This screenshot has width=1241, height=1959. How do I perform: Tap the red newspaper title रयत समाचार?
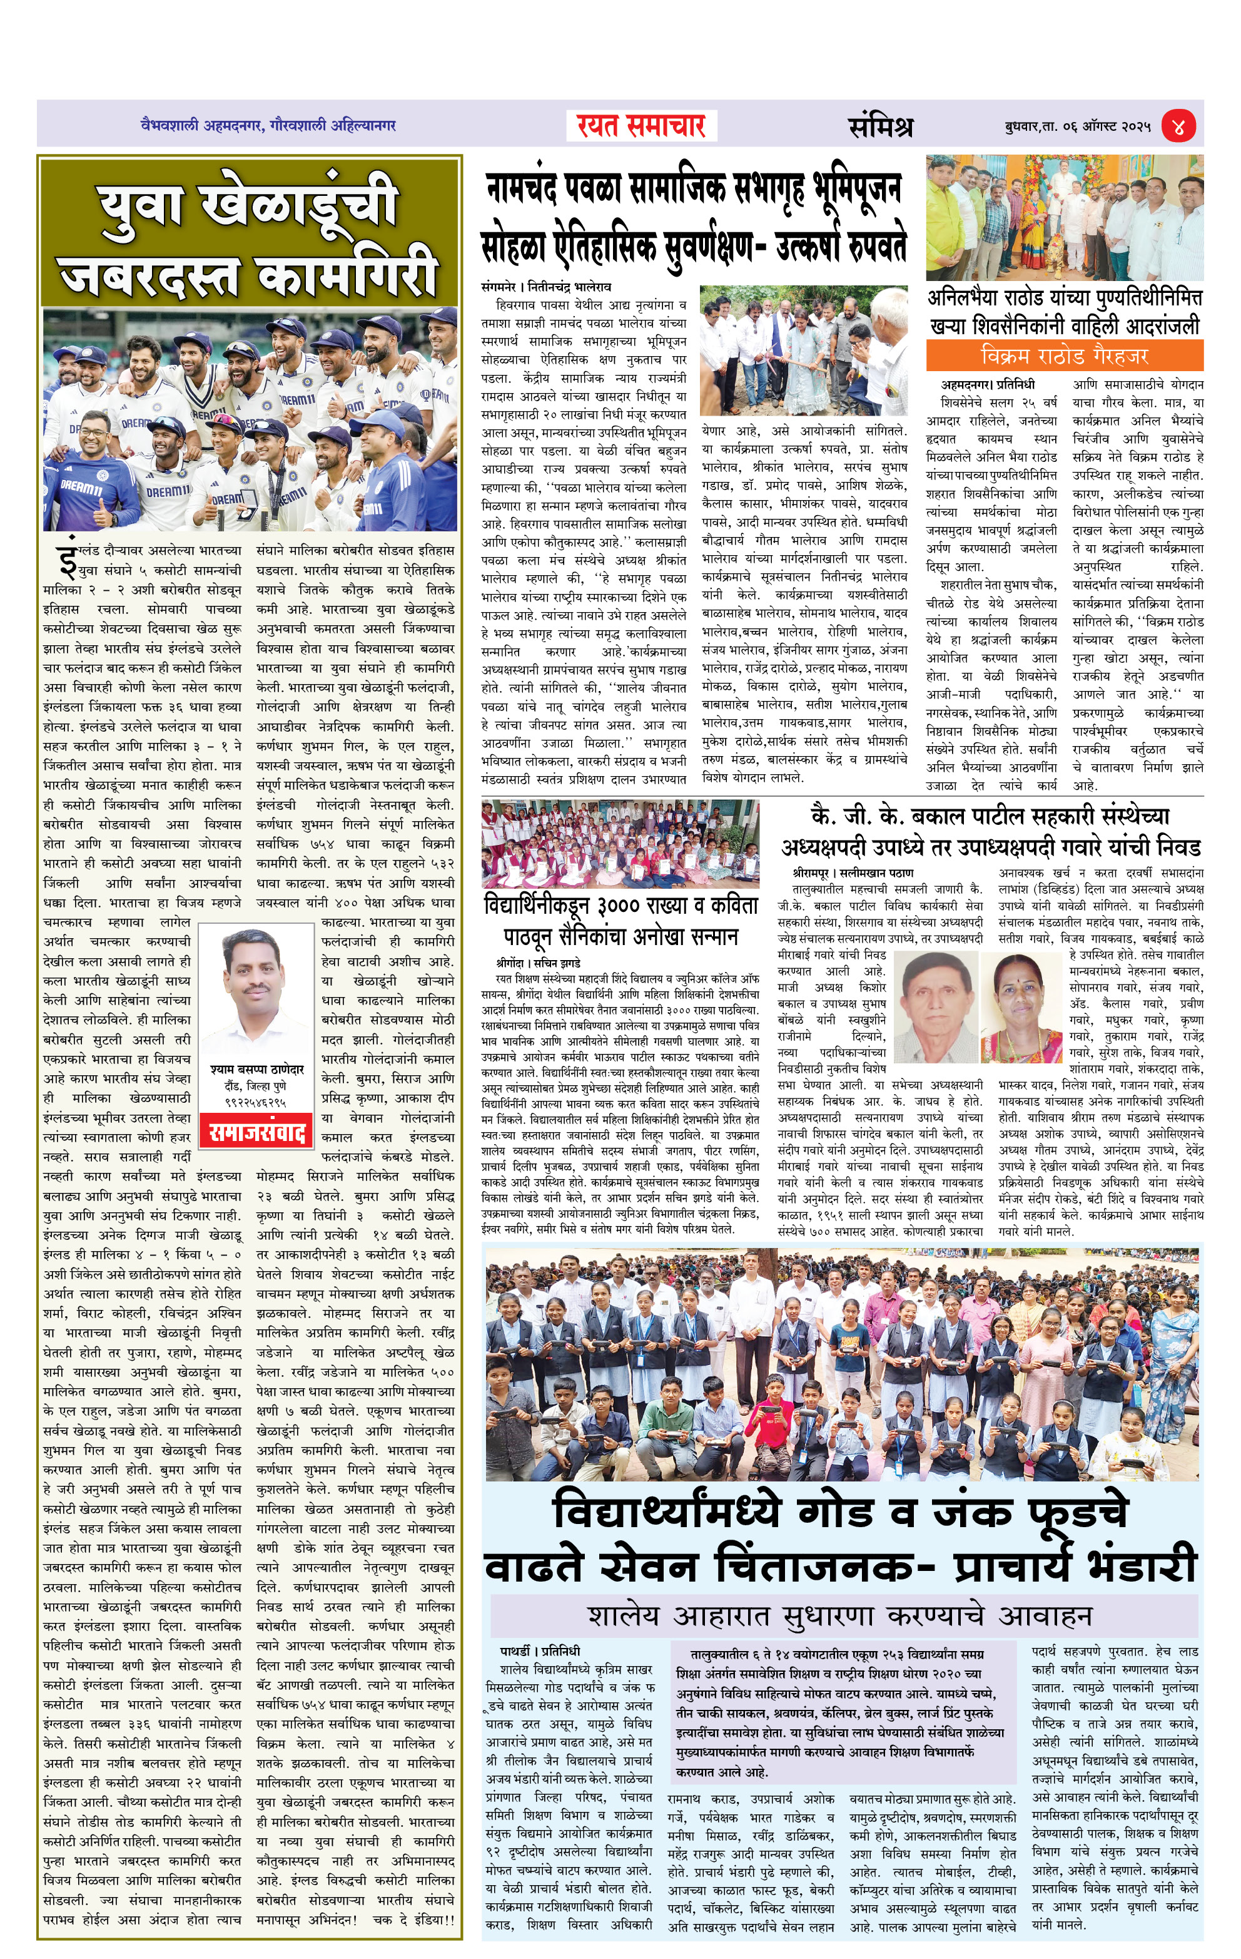tap(641, 126)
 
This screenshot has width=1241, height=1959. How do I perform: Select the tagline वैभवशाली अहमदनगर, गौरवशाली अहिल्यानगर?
tap(268, 125)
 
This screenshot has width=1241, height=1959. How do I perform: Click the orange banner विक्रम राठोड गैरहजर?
tap(1064, 356)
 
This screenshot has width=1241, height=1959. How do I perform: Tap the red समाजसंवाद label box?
tap(256, 1133)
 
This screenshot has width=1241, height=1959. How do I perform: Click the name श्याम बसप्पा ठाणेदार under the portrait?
tap(256, 1070)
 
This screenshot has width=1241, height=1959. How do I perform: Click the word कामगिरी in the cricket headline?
tap(348, 275)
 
